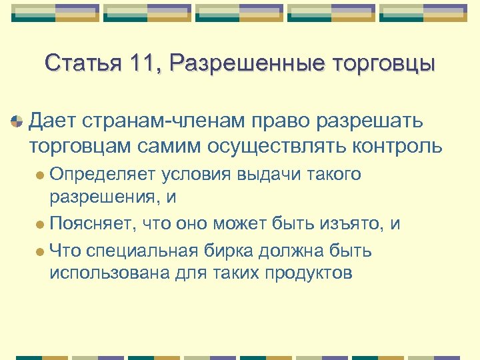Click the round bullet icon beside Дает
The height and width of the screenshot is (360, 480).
coord(16,122)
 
